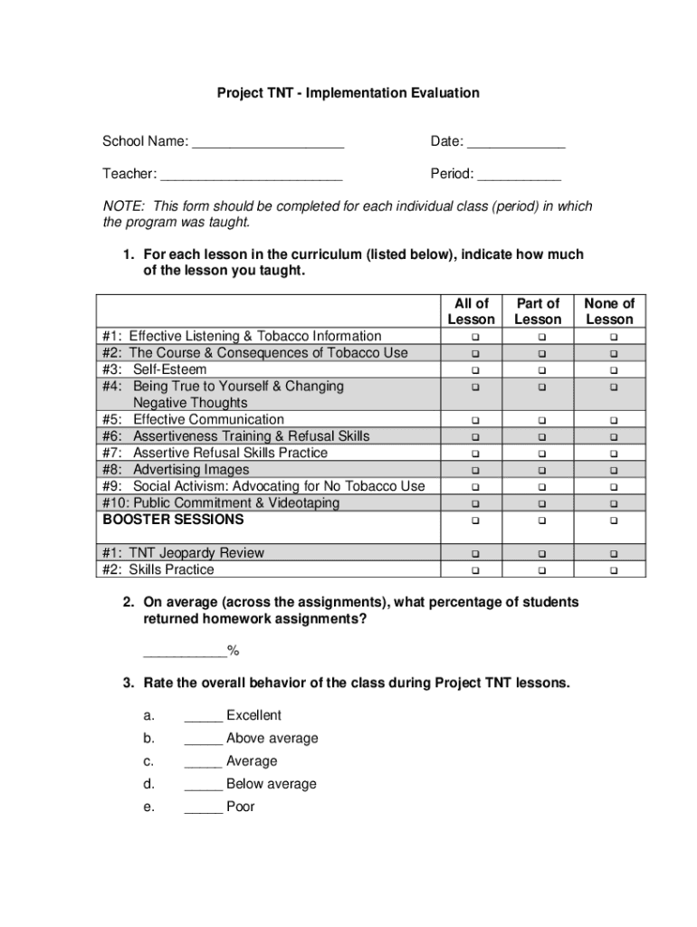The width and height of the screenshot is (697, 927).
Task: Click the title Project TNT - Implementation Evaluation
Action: (x=348, y=93)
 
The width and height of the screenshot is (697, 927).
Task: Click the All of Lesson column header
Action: (x=472, y=311)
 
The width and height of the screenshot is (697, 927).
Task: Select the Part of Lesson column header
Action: (x=538, y=311)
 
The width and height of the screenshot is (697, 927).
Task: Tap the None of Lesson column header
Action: (x=609, y=311)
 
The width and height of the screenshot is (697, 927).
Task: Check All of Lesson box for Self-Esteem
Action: (x=472, y=370)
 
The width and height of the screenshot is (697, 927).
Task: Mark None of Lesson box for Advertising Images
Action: (x=613, y=471)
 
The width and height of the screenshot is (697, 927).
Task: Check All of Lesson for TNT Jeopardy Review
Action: (x=472, y=554)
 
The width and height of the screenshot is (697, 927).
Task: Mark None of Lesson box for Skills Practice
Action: (x=613, y=570)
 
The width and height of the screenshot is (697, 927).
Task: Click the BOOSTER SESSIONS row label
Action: (x=173, y=520)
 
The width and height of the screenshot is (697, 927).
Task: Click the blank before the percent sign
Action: (x=185, y=652)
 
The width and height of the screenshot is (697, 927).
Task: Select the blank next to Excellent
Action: (x=203, y=716)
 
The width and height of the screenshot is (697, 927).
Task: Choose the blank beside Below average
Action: (x=203, y=785)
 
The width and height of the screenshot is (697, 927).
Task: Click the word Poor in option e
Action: (x=241, y=807)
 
